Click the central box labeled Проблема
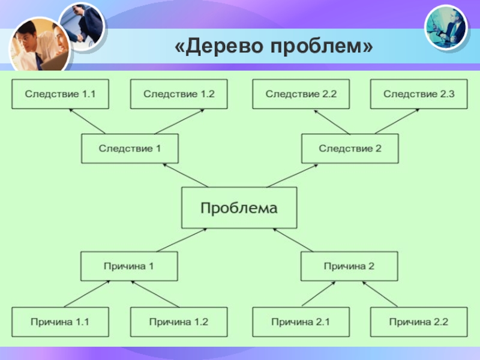point(239,208)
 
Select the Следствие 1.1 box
point(59,94)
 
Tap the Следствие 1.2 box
point(179,94)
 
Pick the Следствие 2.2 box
point(301,94)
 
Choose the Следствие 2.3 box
point(419,94)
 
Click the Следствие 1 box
point(130,148)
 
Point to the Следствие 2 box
point(350,148)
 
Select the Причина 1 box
point(130,266)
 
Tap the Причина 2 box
point(349,266)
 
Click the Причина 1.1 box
point(59,322)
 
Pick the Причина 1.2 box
point(179,322)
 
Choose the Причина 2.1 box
point(301,322)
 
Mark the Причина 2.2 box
point(419,322)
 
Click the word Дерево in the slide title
point(217,46)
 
